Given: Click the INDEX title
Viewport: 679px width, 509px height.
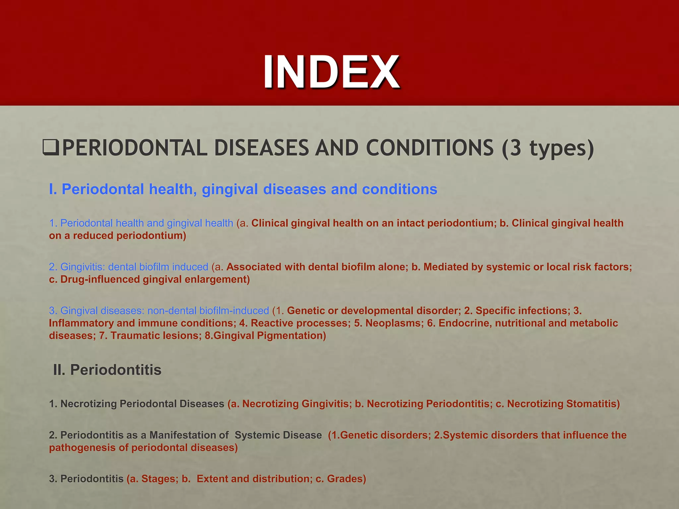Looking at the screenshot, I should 332,72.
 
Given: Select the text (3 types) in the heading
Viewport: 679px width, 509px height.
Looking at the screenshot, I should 548,148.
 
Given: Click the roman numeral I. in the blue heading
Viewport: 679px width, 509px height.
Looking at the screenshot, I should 53,189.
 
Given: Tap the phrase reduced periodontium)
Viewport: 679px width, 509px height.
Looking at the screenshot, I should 130,236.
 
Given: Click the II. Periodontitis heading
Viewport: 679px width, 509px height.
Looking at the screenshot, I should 107,370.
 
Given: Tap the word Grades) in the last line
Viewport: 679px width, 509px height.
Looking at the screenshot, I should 346,479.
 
